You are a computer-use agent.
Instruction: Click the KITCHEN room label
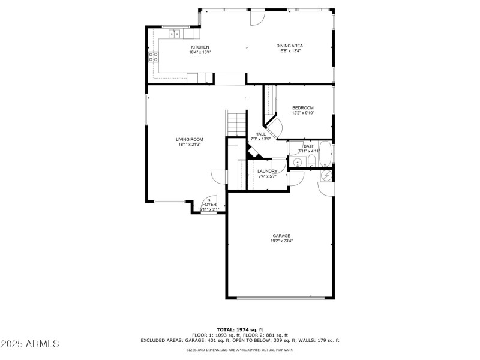pyautogui.click(x=200, y=47)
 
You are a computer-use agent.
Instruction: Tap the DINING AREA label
pyautogui.click(x=289, y=46)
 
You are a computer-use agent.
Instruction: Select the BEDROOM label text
pyautogui.click(x=303, y=108)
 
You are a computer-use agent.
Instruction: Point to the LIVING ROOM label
pyautogui.click(x=189, y=139)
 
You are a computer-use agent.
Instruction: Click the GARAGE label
pyautogui.click(x=281, y=236)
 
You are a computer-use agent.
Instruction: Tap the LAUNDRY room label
pyautogui.click(x=268, y=172)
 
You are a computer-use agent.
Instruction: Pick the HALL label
pyautogui.click(x=260, y=134)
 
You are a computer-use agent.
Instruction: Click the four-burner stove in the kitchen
pyautogui.click(x=154, y=58)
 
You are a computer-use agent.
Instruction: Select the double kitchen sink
pyautogui.click(x=175, y=33)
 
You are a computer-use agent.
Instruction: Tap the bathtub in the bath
pyautogui.click(x=325, y=154)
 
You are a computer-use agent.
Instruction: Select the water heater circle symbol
pyautogui.click(x=326, y=175)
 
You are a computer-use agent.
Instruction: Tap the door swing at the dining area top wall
pyautogui.click(x=256, y=18)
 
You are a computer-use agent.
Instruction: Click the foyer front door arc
pyautogui.click(x=209, y=200)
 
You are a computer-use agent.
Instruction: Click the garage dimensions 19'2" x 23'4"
pyautogui.click(x=281, y=241)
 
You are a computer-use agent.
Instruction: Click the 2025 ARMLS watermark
pyautogui.click(x=30, y=344)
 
